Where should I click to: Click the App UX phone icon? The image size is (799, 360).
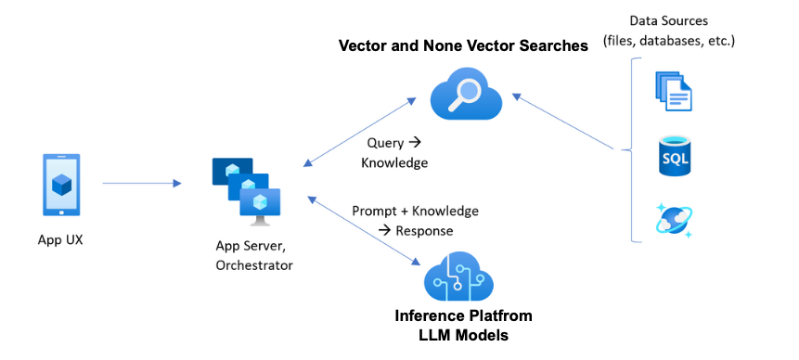pyautogui.click(x=60, y=185)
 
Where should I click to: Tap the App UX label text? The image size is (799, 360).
pyautogui.click(x=60, y=239)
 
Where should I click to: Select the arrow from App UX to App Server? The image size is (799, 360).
pyautogui.click(x=142, y=184)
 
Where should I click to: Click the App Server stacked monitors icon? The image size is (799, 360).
pyautogui.click(x=246, y=191)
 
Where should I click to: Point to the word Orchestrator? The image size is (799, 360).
pyautogui.click(x=254, y=265)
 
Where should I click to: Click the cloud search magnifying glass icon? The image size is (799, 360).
pyautogui.click(x=466, y=96)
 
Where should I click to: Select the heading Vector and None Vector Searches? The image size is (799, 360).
pyautogui.click(x=463, y=45)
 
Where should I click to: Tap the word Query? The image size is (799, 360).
pyautogui.click(x=385, y=143)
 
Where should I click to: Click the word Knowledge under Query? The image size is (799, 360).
pyautogui.click(x=394, y=163)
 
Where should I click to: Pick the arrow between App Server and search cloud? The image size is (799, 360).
pyautogui.click(x=360, y=133)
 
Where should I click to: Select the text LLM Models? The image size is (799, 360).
pyautogui.click(x=463, y=336)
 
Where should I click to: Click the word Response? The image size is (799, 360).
pyautogui.click(x=424, y=231)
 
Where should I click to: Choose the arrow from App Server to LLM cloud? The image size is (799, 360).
pyautogui.click(x=364, y=230)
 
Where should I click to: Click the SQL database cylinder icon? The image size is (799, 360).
pyautogui.click(x=673, y=156)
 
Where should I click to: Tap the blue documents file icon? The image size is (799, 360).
pyautogui.click(x=673, y=91)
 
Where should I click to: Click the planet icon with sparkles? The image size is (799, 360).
pyautogui.click(x=674, y=221)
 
